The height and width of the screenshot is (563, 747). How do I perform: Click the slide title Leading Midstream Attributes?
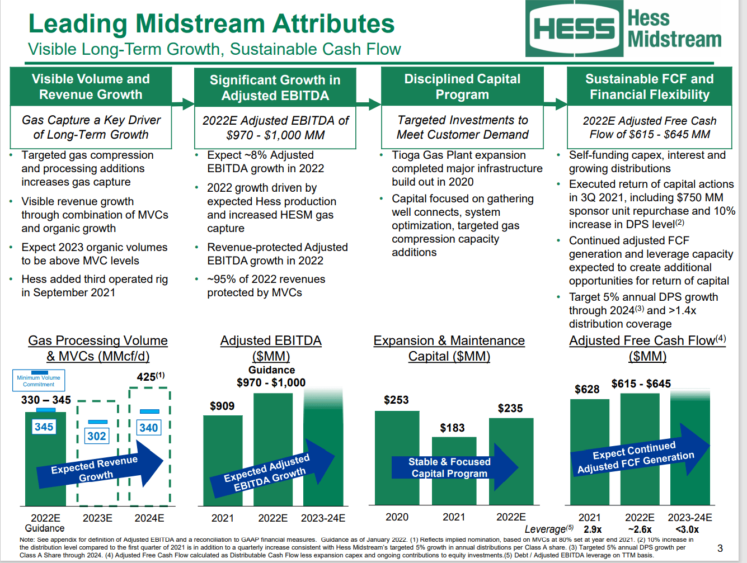(212, 24)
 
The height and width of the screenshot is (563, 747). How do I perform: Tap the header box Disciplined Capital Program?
(462, 87)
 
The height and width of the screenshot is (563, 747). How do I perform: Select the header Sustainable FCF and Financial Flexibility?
(649, 87)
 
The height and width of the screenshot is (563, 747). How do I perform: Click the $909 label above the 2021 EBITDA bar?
(222, 406)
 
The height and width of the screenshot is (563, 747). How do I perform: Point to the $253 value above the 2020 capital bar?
(396, 400)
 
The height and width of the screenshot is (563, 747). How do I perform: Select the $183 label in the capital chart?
(452, 428)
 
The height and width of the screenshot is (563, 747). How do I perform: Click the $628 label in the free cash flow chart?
(587, 389)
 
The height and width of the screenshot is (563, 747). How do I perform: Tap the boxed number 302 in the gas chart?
(96, 436)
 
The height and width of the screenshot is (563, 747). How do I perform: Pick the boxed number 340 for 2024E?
(149, 428)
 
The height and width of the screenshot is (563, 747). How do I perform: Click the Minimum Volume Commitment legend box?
(39, 380)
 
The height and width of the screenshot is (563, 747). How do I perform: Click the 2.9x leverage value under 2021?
(593, 529)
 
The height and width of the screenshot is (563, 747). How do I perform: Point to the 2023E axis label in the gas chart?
(97, 518)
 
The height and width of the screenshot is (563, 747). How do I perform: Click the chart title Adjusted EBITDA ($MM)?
(271, 348)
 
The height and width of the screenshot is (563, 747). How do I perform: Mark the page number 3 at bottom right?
(720, 548)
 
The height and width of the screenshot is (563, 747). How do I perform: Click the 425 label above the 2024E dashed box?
(150, 377)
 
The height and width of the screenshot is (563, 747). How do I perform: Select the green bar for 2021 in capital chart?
(454, 475)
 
